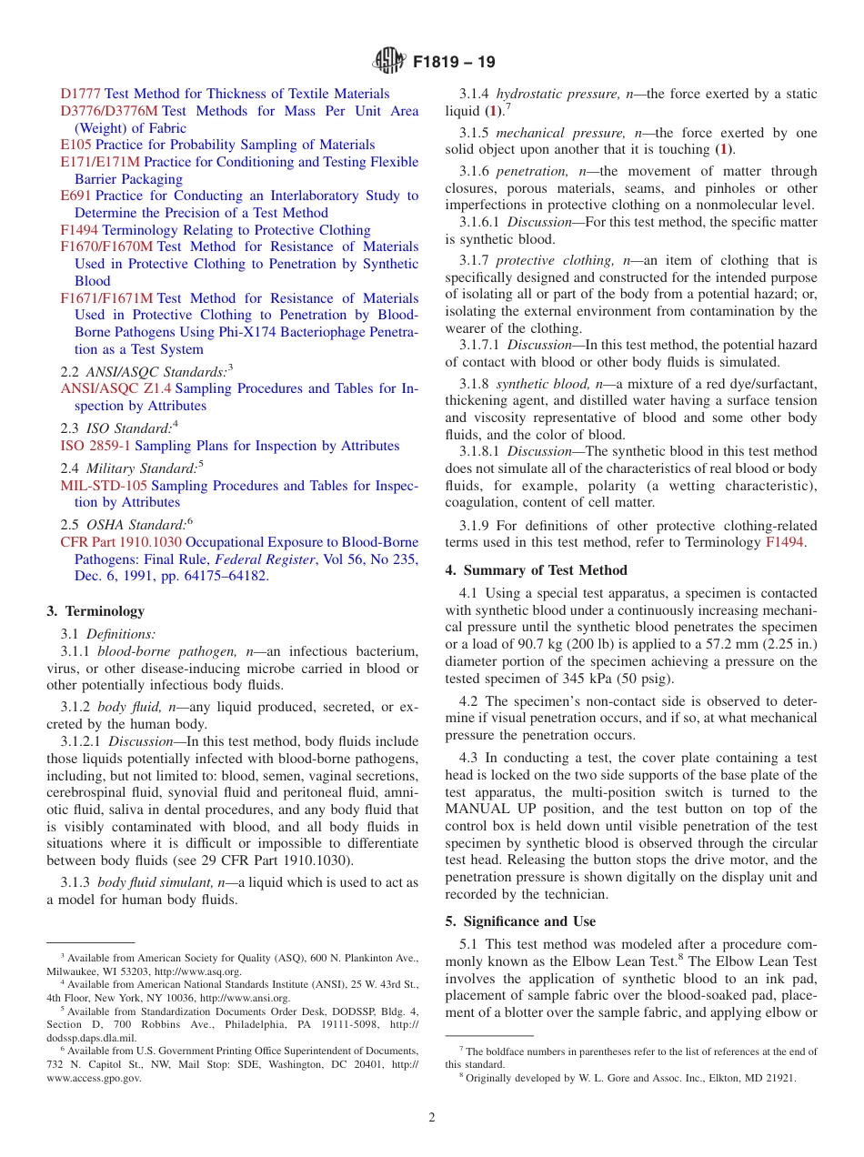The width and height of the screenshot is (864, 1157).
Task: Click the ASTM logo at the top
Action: [x=390, y=63]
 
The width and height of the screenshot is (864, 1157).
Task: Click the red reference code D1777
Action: [x=81, y=94]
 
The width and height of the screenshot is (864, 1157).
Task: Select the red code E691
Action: [x=75, y=196]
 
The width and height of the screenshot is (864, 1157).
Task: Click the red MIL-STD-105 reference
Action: [x=104, y=486]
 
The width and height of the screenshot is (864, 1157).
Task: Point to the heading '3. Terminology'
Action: [x=95, y=611]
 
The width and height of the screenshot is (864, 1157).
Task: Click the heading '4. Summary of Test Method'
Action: [x=536, y=570]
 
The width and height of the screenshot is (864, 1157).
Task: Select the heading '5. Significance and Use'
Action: [x=520, y=921]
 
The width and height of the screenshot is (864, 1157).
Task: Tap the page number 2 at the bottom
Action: [x=432, y=1118]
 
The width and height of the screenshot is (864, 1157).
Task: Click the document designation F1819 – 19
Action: [x=454, y=63]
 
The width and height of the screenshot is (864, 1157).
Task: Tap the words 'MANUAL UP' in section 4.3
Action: [x=487, y=809]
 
